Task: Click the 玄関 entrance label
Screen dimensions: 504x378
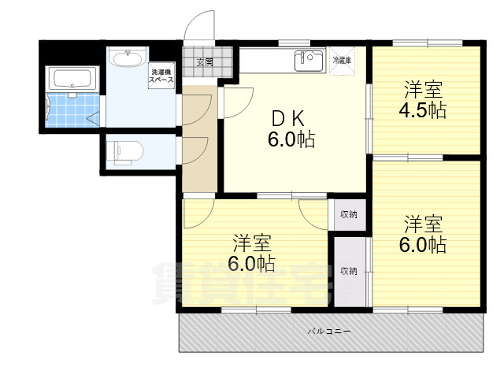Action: point(205,61)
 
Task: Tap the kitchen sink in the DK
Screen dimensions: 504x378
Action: point(309,61)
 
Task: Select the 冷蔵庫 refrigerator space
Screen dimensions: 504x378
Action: point(342,61)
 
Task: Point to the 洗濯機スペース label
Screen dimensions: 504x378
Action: point(161,76)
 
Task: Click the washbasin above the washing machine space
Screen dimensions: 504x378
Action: point(128,57)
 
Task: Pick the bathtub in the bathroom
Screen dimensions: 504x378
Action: point(72,79)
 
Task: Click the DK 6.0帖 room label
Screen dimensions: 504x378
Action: point(291,129)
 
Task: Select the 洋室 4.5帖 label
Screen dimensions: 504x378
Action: point(424,100)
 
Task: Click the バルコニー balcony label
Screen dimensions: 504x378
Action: point(329,331)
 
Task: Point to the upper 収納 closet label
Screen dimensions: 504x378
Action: point(348,214)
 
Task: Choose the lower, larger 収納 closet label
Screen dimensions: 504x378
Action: point(348,271)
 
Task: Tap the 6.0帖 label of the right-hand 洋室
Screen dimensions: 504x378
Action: point(423,245)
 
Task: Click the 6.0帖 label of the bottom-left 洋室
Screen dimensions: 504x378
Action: point(251,264)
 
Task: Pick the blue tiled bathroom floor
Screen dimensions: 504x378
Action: point(72,110)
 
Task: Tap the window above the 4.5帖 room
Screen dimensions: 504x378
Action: point(427,43)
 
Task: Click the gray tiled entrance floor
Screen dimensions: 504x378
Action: point(207,61)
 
